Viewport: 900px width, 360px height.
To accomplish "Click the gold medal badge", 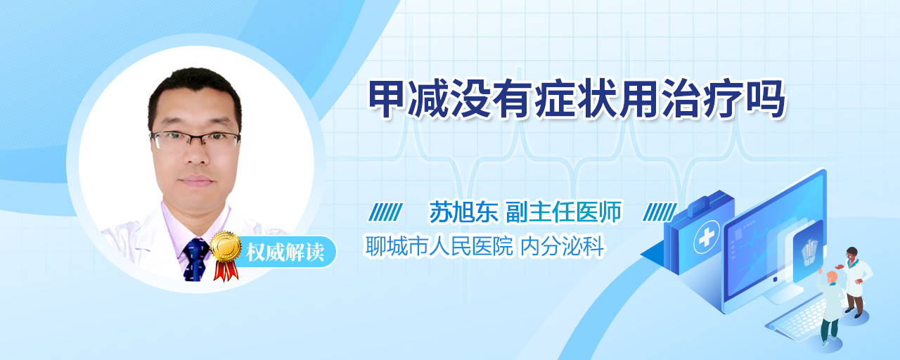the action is [226, 247].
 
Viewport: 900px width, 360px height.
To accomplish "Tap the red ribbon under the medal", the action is [226, 270].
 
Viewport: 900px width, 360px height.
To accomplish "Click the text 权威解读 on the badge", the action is [285, 252].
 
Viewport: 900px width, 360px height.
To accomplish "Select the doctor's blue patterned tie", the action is [195, 259].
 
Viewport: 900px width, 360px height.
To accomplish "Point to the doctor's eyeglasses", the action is [195, 140].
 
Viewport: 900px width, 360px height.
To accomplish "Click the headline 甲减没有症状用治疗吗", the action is [577, 99].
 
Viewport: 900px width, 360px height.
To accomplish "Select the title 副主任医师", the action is [564, 212].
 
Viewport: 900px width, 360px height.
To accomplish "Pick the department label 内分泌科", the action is [562, 246].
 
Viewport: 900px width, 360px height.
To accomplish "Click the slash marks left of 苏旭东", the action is [386, 212].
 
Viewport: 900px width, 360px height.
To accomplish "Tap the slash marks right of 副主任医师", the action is [660, 212].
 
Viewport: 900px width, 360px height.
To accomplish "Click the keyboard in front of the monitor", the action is [799, 320].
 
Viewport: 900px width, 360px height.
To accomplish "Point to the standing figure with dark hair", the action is [854, 282].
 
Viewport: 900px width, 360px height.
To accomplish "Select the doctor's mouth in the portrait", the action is [196, 181].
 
